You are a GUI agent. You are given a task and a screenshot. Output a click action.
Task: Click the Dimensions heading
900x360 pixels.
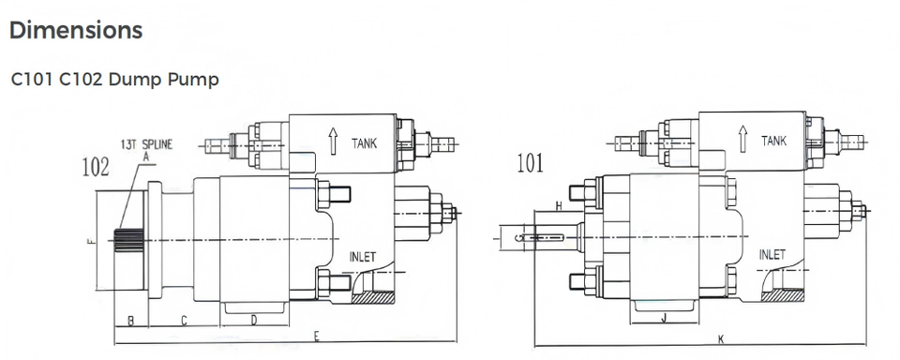tap(76, 30)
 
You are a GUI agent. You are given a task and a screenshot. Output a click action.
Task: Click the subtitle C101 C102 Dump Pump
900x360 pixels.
tap(114, 80)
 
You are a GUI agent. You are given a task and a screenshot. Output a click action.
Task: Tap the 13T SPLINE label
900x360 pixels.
tap(146, 143)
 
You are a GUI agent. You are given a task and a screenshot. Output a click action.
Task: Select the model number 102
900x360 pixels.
tap(96, 167)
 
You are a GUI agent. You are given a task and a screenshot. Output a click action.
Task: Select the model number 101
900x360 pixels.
tap(530, 163)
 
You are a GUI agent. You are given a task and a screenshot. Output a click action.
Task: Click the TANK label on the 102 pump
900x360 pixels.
tap(365, 142)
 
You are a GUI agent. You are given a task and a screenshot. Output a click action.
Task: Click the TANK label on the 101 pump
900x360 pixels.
tap(773, 140)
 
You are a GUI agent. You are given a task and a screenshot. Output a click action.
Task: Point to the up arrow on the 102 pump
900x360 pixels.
tap(333, 142)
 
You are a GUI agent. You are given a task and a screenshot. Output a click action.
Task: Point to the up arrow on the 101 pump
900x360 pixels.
tap(742, 139)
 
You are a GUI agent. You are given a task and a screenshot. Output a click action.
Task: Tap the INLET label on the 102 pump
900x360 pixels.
tap(362, 257)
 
